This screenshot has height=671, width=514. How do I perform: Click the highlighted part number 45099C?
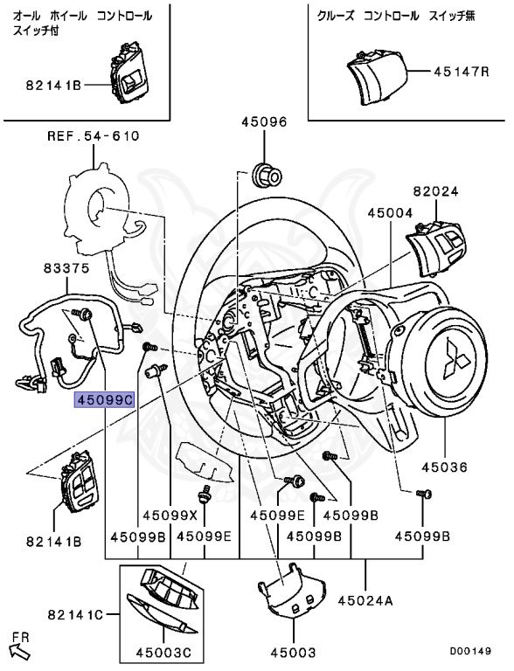105,400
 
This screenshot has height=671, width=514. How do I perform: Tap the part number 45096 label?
264,122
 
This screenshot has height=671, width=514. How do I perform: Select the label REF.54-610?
94,136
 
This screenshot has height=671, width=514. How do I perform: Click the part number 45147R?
462,71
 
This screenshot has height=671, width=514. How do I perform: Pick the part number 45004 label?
390,212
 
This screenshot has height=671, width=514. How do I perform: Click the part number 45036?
444,467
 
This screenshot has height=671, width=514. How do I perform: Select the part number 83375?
66,268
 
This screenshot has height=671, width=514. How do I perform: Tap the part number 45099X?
170,515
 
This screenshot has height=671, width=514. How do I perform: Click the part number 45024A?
365,601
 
